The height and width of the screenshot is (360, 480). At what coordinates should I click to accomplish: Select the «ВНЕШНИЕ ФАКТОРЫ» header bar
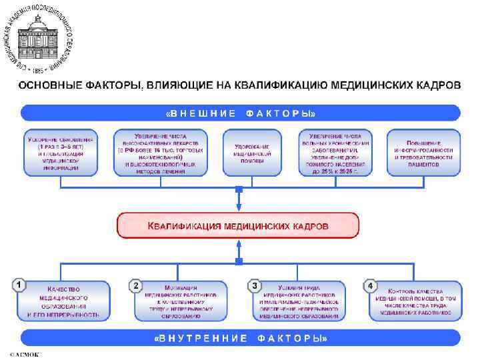(240, 113)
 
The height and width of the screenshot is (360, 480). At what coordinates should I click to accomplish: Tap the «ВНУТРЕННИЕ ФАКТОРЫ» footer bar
(240, 339)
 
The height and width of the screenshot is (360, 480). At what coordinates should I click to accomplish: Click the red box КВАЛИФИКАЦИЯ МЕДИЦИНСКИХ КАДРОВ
(238, 226)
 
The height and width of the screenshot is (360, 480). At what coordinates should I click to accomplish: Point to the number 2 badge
(135, 285)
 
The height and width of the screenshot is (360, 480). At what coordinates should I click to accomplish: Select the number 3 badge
(253, 285)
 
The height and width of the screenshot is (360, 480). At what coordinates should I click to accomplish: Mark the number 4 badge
(371, 285)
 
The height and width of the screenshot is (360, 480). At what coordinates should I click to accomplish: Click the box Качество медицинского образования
(65, 301)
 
